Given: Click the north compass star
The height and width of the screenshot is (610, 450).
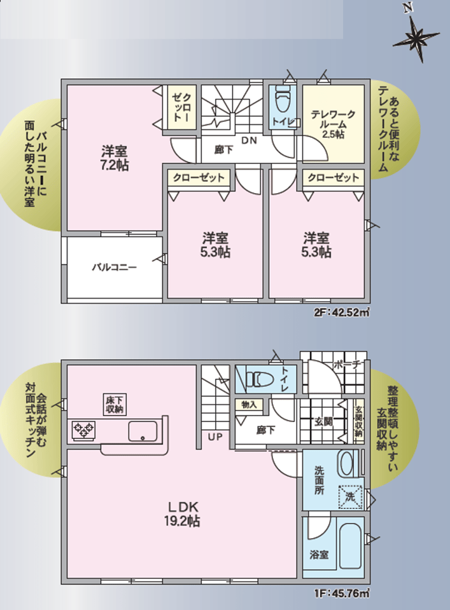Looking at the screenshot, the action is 416,37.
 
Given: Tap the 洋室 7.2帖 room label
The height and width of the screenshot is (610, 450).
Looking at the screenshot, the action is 115,158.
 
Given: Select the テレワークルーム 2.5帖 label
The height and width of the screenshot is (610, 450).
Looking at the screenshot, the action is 333,125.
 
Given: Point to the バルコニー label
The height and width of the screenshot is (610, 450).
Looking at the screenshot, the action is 115,268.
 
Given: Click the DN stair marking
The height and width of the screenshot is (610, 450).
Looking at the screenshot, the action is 249,140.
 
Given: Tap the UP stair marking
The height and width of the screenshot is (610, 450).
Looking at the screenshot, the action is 214,437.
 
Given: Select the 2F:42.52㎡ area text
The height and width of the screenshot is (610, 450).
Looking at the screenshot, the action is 342,312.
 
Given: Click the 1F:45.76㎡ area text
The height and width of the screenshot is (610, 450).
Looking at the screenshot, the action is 342,594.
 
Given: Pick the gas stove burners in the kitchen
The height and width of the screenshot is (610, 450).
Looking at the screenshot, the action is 84,430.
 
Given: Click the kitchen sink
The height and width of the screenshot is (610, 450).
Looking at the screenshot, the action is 143,431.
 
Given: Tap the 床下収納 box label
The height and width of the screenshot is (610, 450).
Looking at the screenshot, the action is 114,405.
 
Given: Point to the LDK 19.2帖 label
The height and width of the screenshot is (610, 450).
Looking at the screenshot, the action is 182,513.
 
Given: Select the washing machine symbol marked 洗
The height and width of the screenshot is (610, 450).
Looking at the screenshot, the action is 351,497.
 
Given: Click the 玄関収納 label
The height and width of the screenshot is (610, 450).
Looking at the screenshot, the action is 359,422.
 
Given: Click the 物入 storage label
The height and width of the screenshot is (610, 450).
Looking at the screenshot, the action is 249,405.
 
